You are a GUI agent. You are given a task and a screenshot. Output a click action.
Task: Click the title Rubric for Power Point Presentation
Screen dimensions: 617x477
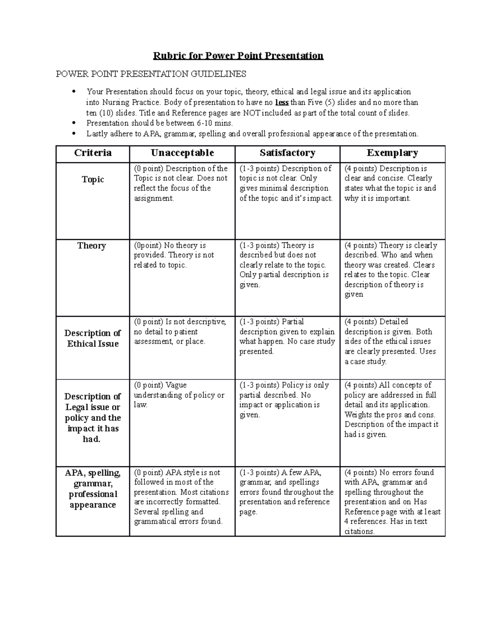(x=238, y=56)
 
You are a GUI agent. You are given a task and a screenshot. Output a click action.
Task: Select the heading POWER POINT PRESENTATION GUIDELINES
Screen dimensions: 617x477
(x=151, y=74)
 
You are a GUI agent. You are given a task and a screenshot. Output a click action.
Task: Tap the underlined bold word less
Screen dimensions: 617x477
(x=282, y=103)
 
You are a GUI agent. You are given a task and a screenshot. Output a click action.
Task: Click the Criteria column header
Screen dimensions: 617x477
(x=93, y=153)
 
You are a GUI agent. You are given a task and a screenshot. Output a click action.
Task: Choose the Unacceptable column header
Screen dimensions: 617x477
(x=182, y=153)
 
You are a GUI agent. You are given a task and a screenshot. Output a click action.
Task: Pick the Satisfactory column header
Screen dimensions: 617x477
(x=287, y=153)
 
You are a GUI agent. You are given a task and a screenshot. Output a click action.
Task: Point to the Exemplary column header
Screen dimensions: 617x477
(x=392, y=153)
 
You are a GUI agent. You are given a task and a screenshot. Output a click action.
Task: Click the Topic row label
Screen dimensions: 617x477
(x=93, y=180)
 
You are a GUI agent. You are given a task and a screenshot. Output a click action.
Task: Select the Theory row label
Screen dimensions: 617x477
(x=92, y=246)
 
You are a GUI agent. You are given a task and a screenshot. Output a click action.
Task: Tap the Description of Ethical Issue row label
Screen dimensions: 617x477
(x=93, y=338)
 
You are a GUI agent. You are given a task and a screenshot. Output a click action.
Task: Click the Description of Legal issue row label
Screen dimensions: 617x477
(x=93, y=418)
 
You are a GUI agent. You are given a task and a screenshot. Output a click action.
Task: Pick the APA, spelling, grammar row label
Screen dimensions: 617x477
(x=93, y=489)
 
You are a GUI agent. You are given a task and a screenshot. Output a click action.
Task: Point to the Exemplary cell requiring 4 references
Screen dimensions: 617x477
(x=392, y=502)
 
